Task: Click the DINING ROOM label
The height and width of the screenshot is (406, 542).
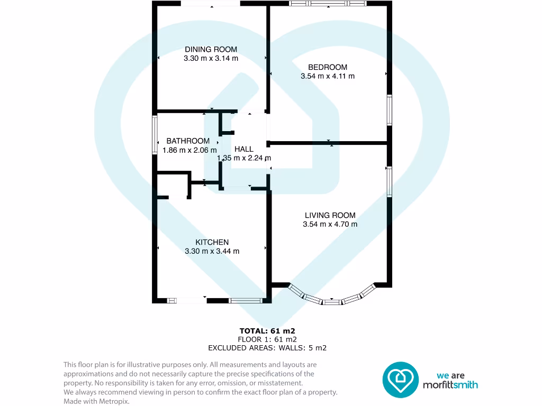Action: coord(211,50)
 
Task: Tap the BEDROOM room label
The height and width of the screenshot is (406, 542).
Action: coord(328,67)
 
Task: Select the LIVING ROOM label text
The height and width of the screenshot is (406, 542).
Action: coord(330,215)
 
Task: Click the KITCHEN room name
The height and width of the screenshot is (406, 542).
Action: coord(212,242)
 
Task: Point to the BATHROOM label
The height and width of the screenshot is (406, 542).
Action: coord(188,141)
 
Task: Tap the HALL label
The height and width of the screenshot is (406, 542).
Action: coord(244,149)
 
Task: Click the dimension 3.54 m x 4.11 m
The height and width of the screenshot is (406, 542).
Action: coord(328,76)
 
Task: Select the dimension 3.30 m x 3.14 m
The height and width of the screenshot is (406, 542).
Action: coord(211,59)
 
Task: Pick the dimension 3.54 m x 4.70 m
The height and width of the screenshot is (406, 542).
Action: coord(330,224)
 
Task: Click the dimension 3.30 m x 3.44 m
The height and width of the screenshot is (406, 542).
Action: coord(212,251)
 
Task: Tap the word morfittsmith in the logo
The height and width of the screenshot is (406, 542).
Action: coord(450,385)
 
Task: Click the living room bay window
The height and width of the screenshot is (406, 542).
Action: coord(332,300)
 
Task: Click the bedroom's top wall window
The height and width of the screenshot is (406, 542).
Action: coord(328,3)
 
